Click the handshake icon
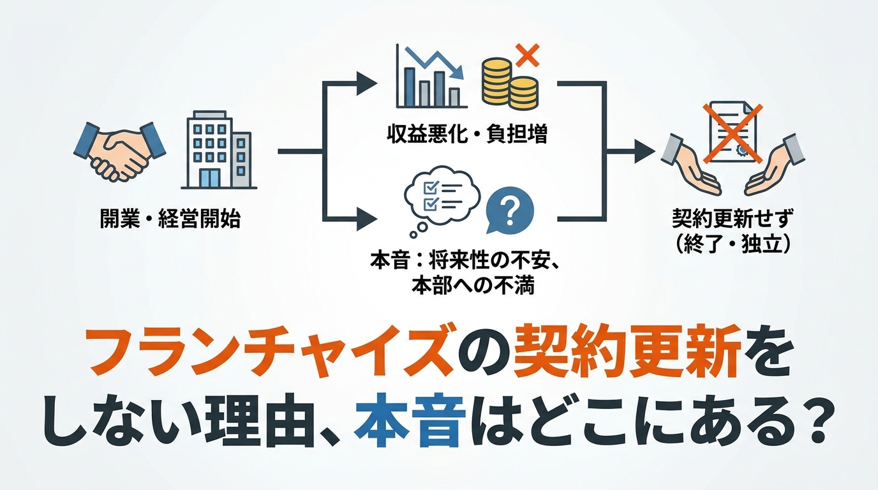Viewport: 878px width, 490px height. pos(119,152)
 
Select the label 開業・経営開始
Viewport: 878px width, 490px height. pos(170,219)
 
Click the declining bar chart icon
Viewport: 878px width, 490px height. pos(431,76)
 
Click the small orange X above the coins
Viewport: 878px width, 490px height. pos(527,56)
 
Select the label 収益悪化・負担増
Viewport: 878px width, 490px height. pos(466,135)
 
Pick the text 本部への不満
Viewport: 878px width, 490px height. pos(473,286)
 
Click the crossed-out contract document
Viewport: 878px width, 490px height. pos(732,133)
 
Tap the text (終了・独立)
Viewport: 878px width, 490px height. pos(732,245)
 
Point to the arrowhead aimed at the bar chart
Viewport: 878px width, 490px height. pos(366,83)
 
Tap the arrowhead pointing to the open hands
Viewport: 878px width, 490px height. pos(644,151)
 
